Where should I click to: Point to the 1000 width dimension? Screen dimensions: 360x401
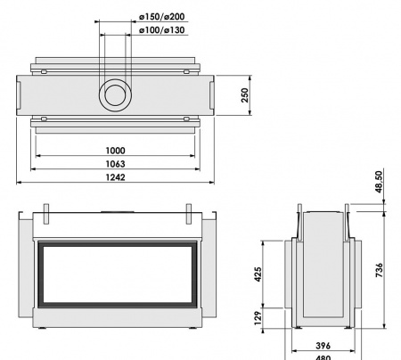coord(114,151)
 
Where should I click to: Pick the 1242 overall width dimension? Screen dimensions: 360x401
coord(114,179)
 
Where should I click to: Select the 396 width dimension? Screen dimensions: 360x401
coord(323,344)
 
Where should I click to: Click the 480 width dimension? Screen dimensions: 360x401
coord(323,356)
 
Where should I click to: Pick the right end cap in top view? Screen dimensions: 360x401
coord(207,94)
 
